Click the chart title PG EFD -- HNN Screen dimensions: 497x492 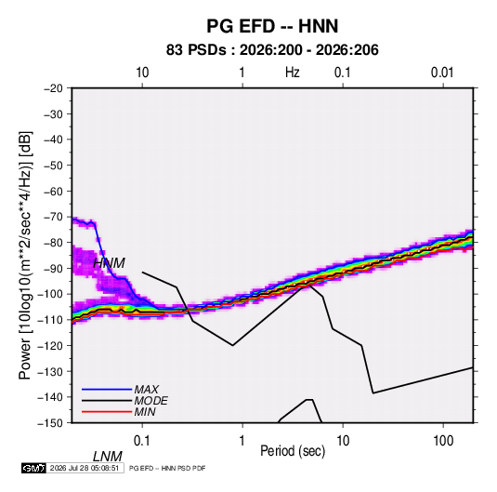pyautogui.click(x=272, y=26)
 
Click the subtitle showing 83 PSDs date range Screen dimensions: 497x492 pyautogui.click(x=272, y=50)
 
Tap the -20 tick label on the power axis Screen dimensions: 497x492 pyautogui.click(x=53, y=88)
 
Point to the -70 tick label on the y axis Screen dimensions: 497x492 pyautogui.click(x=53, y=217)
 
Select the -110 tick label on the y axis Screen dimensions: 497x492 pyautogui.click(x=50, y=320)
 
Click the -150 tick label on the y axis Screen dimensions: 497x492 pyautogui.click(x=50, y=423)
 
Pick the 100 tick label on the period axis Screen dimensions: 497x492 pyautogui.click(x=443, y=441)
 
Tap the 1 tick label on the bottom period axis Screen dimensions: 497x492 pyautogui.click(x=242, y=441)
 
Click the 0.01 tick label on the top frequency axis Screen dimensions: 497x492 pyautogui.click(x=442, y=73)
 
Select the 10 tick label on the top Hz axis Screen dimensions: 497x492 pyautogui.click(x=142, y=73)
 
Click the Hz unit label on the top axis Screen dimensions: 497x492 pyautogui.click(x=293, y=73)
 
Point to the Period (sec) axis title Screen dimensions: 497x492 pyautogui.click(x=293, y=451)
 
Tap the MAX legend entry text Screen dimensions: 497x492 pyautogui.click(x=147, y=389)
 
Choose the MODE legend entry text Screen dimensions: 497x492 pyautogui.click(x=150, y=401)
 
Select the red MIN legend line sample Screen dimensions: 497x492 pyautogui.click(x=107, y=412)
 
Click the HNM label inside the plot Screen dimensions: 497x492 pyautogui.click(x=109, y=263)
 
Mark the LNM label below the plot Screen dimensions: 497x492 pyautogui.click(x=108, y=457)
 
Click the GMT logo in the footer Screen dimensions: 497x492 pyautogui.click(x=33, y=468)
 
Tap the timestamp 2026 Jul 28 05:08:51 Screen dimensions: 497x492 pyautogui.click(x=85, y=468)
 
